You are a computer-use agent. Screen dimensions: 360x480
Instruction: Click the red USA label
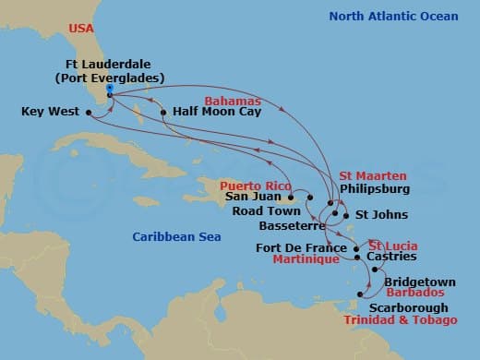[83, 30]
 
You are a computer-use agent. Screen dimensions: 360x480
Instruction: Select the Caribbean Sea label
[175, 237]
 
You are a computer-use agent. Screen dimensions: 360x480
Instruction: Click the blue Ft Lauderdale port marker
[109, 90]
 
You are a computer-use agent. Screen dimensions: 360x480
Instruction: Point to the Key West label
[50, 114]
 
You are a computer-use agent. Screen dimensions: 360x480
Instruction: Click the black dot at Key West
[89, 114]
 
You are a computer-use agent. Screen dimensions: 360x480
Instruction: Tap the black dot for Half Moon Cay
[163, 114]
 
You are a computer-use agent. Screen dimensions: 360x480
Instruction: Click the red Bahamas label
[234, 100]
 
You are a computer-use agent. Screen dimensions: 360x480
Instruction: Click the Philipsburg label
[376, 187]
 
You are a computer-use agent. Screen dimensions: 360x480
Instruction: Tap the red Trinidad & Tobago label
[401, 320]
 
